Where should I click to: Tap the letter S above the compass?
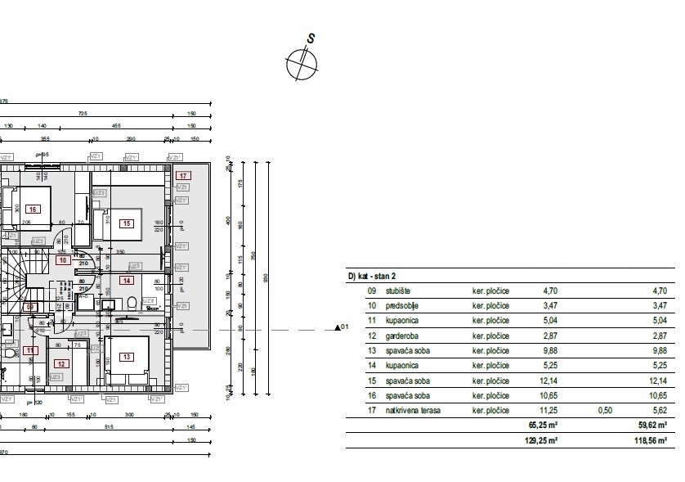(311, 38)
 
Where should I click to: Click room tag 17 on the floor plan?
(184, 175)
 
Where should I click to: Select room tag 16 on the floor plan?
(34, 209)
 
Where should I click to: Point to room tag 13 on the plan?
(127, 356)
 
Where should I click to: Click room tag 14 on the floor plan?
(127, 280)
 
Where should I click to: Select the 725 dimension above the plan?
(83, 114)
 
